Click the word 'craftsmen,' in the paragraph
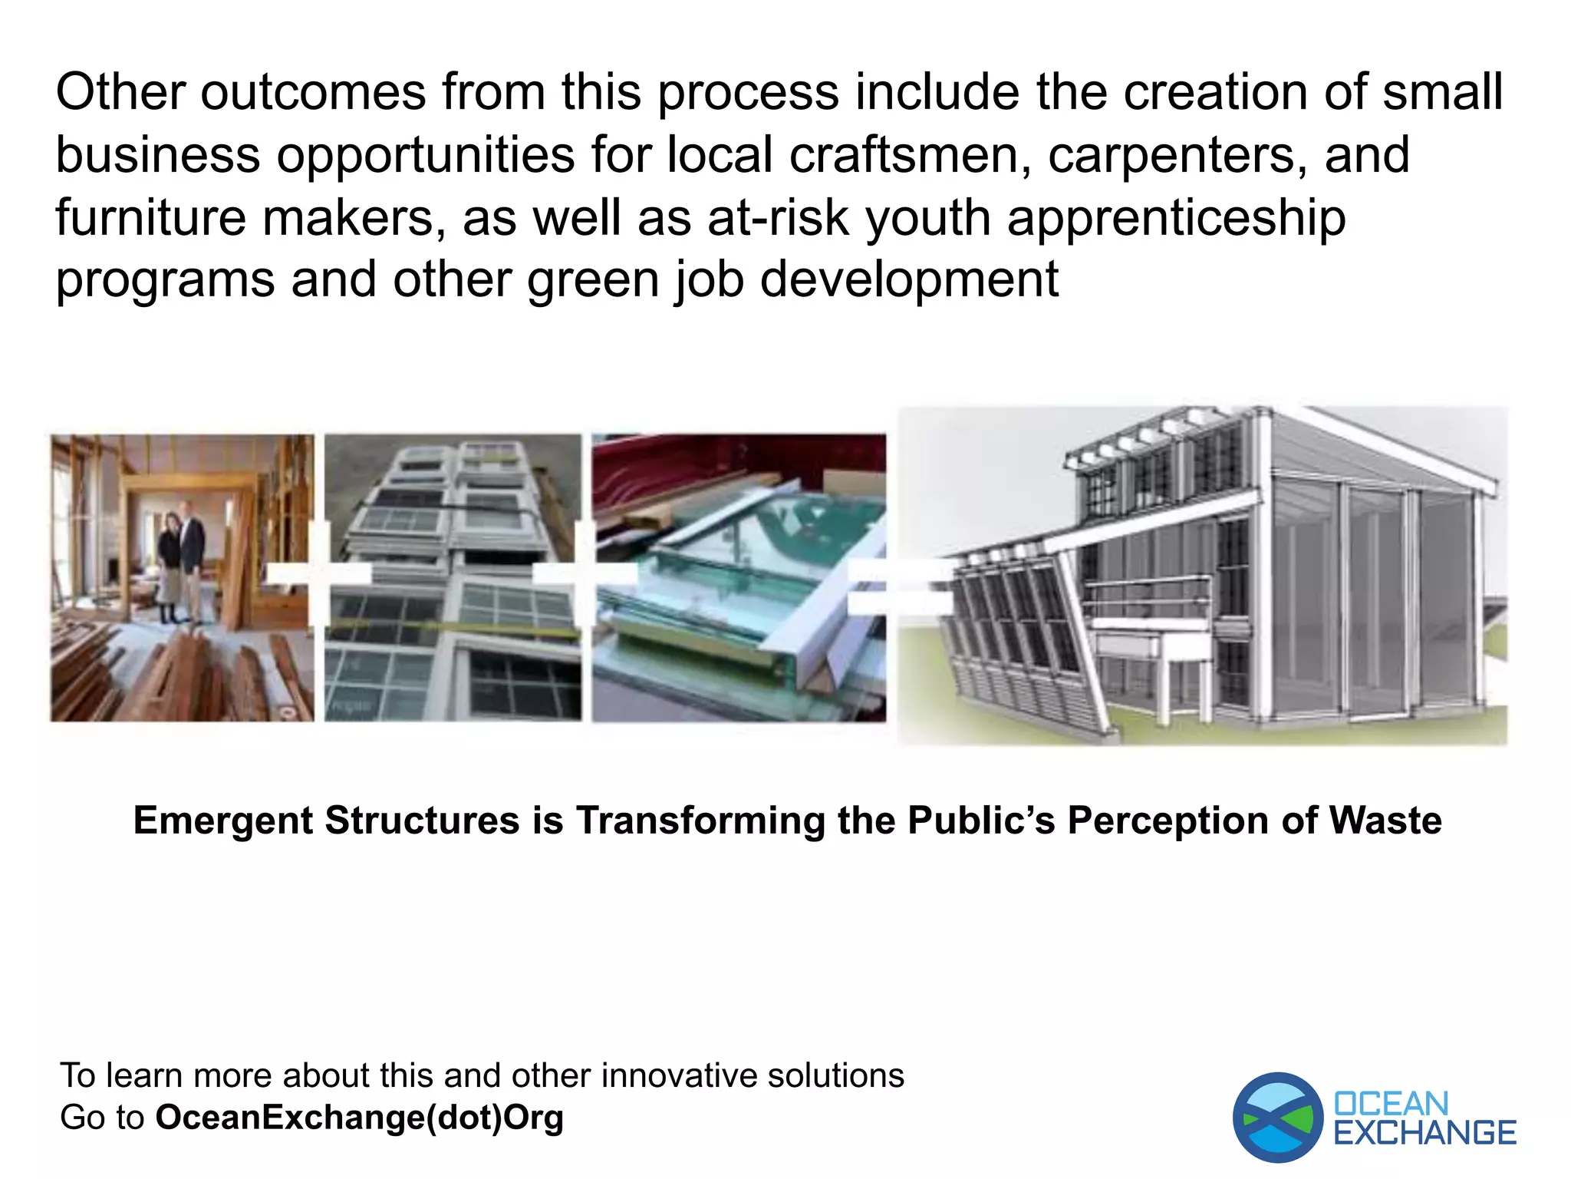911,155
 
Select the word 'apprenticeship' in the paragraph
1176,219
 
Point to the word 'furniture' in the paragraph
150,217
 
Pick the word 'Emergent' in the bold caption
223,820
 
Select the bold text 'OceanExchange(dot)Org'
359,1118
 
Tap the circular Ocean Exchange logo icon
1277,1117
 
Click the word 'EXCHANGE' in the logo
1424,1133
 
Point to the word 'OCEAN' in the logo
1391,1104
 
